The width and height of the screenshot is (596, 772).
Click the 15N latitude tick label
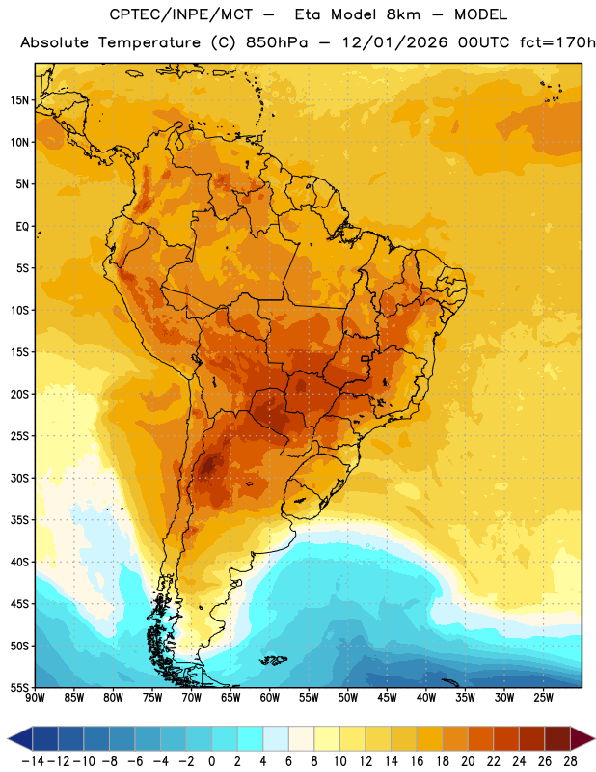point(19,100)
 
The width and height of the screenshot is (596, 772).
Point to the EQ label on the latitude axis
point(22,227)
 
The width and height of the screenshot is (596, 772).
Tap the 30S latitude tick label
point(19,478)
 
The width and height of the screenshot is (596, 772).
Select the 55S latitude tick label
point(19,687)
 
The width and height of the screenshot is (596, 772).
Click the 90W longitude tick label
point(35,698)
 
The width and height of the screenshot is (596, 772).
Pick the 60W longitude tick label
point(270,698)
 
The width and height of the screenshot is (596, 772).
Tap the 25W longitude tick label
point(543,698)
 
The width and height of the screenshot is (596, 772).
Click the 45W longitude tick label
point(387,698)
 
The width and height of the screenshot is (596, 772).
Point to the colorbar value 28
point(570,761)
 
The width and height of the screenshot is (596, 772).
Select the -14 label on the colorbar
point(33,761)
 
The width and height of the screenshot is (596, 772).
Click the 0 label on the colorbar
point(211,761)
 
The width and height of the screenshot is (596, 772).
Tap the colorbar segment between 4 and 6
point(276,738)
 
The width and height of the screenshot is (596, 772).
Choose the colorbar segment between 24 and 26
point(531,738)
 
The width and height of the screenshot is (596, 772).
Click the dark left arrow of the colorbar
point(20,738)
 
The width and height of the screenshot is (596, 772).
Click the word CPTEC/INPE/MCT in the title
point(180,14)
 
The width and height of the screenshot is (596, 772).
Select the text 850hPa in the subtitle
point(277,42)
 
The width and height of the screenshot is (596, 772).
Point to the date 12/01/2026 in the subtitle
point(395,42)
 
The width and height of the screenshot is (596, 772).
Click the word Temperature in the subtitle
point(149,43)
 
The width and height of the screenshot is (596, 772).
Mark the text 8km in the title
point(403,14)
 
